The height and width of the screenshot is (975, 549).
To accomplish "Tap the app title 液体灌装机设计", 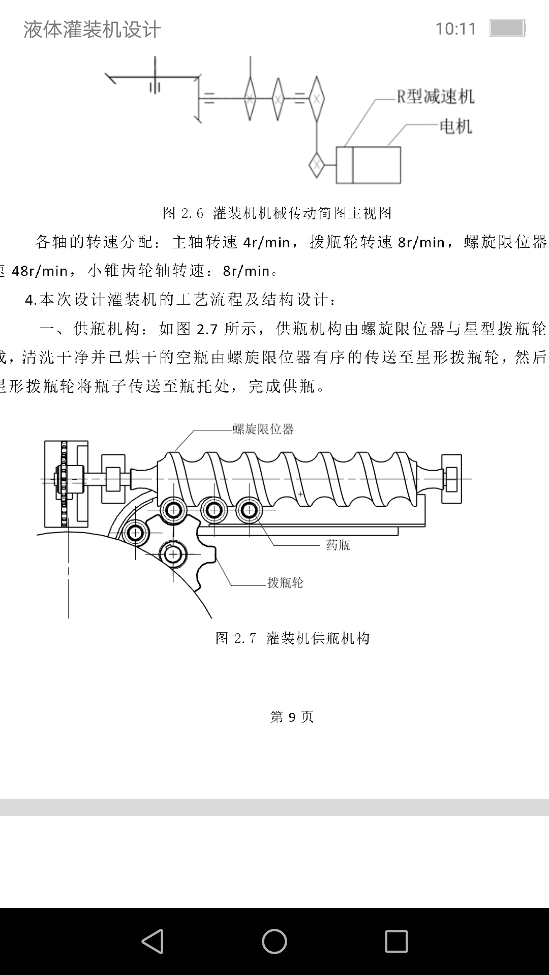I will click(x=92, y=29).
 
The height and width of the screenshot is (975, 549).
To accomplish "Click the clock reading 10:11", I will click(x=455, y=29).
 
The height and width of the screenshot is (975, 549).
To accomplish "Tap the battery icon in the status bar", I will click(x=507, y=28).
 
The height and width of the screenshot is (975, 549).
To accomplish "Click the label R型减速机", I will click(x=435, y=96).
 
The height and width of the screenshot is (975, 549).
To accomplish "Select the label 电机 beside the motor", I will click(x=455, y=126).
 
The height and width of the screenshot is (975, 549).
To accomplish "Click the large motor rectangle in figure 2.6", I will click(x=376, y=165).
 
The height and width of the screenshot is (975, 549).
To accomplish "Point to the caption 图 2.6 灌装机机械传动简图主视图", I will click(x=277, y=213).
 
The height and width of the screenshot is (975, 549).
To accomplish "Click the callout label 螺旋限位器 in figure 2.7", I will click(x=263, y=430).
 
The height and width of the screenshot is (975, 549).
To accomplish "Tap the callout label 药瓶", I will click(x=338, y=545).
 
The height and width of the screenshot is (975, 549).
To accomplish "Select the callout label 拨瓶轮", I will click(x=285, y=582).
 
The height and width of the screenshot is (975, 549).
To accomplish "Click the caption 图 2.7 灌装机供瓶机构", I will click(x=292, y=638).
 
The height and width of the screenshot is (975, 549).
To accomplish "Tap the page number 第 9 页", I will click(x=292, y=717).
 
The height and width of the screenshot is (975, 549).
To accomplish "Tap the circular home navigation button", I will click(x=274, y=941).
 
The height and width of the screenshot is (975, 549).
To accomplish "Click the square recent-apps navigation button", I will click(x=396, y=941).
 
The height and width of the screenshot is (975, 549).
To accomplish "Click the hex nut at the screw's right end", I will click(x=451, y=478).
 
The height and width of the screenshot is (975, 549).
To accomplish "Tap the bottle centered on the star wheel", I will click(x=173, y=554).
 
